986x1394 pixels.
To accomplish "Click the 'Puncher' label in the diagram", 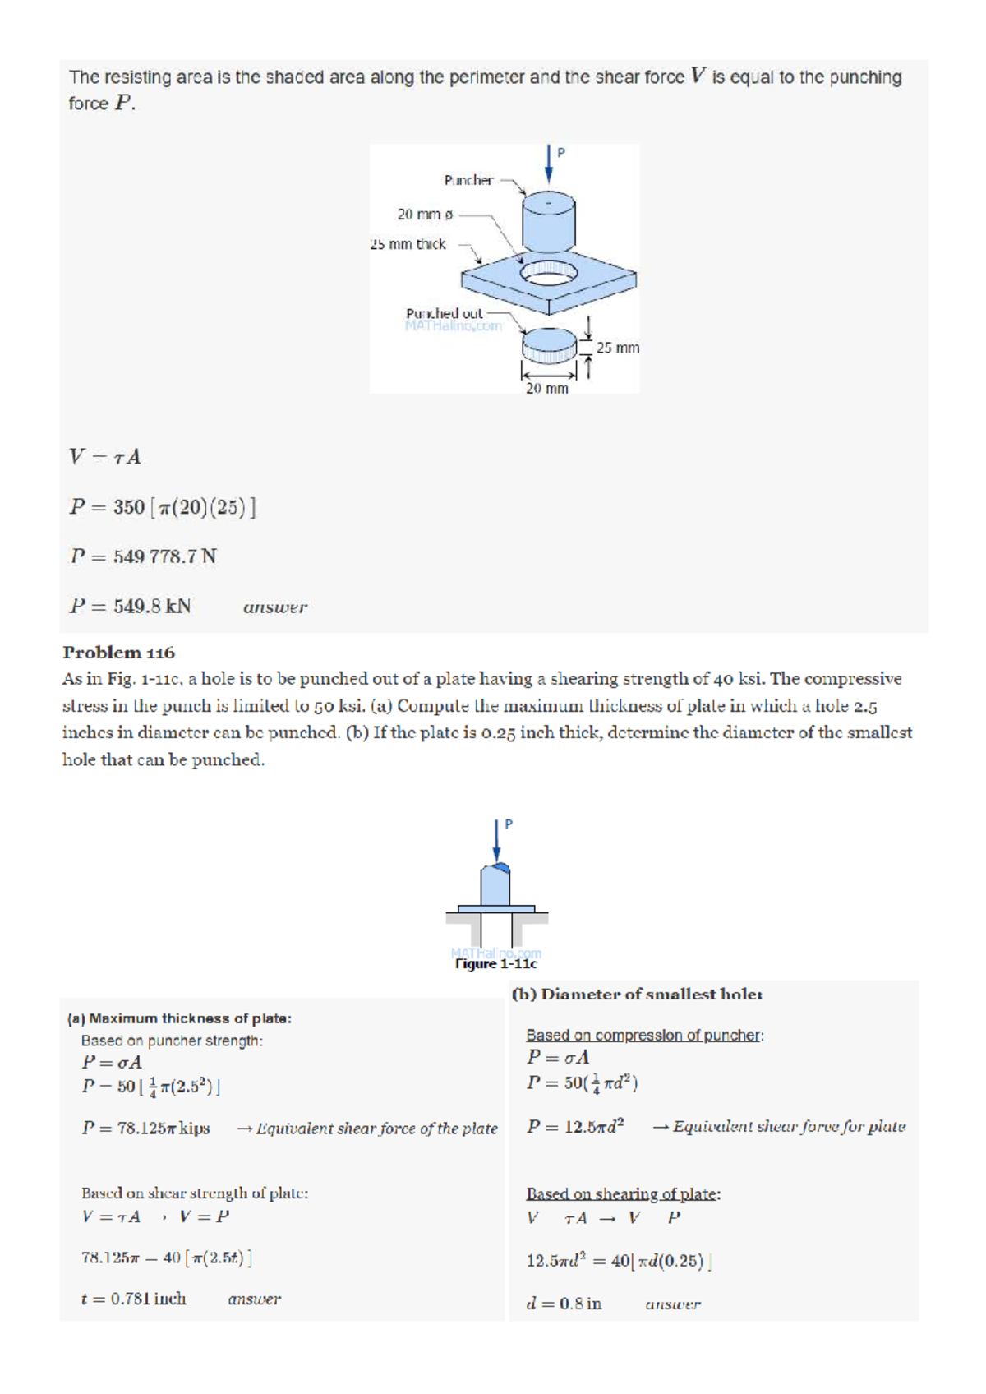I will pos(468,180).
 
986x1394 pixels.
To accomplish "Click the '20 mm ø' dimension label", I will pos(425,215).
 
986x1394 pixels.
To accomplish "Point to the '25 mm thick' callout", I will pos(408,244).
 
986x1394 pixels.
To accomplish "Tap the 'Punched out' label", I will pos(444,313).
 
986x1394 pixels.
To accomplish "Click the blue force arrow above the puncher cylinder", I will pos(549,164).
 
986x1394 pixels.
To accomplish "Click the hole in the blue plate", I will pos(548,273).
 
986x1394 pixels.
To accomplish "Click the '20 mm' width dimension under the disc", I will pos(546,388).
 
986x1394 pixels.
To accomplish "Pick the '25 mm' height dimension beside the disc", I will pos(617,348).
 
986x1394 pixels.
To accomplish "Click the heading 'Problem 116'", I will pos(118,653).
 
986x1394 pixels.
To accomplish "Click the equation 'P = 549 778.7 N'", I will pos(143,556).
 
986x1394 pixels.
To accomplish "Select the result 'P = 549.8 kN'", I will pos(130,607).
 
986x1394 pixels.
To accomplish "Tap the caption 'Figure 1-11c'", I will pos(495,963).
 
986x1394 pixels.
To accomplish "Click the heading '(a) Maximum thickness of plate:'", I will pos(179,1018).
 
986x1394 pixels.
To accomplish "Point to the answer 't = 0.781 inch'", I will pos(133,1299).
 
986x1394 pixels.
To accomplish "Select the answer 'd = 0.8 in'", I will pos(564,1304).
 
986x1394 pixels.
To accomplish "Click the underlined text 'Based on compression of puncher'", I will pos(643,1036).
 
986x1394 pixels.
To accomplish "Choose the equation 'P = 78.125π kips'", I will pos(145,1129).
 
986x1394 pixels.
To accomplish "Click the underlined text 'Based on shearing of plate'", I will pos(622,1193).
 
